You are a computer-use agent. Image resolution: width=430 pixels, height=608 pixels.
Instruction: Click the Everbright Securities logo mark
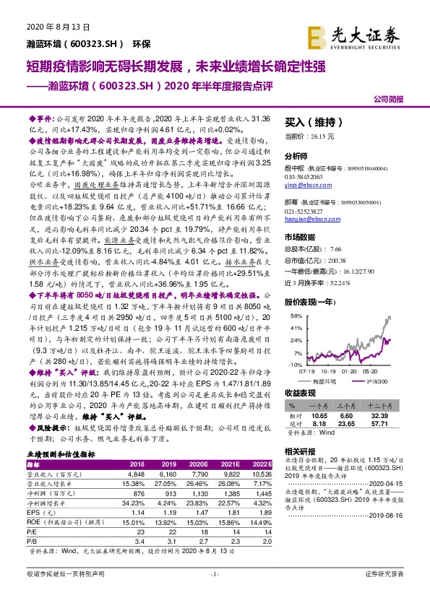pos(317,35)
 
